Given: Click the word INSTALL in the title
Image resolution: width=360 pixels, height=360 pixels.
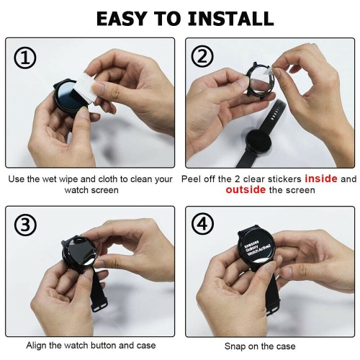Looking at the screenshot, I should (x=230, y=18).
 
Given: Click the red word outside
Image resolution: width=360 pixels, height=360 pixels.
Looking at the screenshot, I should (x=245, y=190).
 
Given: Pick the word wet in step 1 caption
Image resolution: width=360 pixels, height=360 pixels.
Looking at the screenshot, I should (x=50, y=179).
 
